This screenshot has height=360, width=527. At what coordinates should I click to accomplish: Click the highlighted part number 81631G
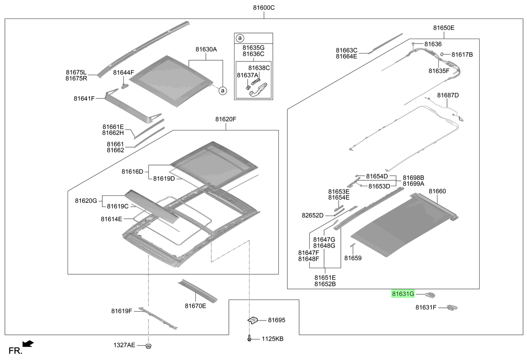tap(403, 294)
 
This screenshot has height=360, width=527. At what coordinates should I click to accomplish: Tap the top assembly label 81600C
tap(264, 8)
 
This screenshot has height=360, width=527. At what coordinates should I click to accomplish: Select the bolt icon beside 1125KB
tap(249, 338)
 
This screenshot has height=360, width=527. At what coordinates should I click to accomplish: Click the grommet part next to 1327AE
tap(148, 346)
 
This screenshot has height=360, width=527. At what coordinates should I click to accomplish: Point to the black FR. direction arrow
tap(28, 344)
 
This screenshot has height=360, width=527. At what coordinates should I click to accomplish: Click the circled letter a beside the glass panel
tap(223, 91)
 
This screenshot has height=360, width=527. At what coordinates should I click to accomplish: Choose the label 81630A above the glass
tap(206, 49)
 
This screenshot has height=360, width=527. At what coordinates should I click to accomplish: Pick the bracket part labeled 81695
tap(253, 320)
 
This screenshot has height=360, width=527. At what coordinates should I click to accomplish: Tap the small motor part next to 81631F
tap(452, 307)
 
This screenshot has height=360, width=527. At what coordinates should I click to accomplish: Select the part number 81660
tap(437, 191)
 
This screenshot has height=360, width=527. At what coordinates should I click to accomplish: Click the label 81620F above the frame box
tap(226, 119)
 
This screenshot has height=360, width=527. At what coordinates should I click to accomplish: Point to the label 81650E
tap(444, 28)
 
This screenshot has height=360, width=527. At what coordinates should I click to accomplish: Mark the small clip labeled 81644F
tap(125, 86)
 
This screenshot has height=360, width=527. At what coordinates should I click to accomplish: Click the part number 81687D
tap(448, 95)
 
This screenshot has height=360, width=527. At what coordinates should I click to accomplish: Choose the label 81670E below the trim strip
tap(195, 306)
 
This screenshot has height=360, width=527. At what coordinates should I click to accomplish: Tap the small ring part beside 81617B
tap(442, 54)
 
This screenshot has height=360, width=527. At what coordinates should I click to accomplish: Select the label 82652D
tap(312, 216)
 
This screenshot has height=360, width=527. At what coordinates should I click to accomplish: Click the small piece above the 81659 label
tap(352, 245)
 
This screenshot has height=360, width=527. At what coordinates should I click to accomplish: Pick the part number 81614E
tap(111, 219)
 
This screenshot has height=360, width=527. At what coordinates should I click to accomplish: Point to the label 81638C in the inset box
tap(259, 68)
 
